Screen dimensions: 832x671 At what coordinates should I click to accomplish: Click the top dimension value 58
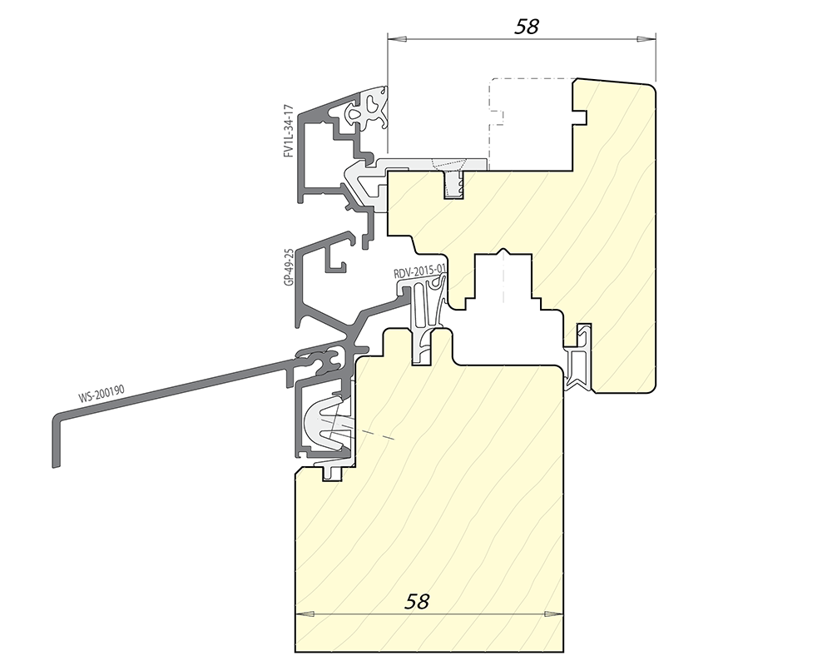click(527, 26)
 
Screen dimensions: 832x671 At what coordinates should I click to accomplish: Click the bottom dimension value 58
click(417, 601)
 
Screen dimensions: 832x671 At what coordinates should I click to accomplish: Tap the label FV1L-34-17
click(288, 131)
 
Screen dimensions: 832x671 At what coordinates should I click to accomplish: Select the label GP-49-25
click(289, 267)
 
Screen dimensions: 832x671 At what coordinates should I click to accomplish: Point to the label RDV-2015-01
click(418, 273)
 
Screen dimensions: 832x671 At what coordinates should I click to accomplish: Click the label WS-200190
click(102, 394)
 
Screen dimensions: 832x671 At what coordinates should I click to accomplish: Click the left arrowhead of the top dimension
click(396, 39)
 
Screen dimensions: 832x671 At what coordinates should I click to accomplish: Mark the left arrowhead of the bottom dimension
click(304, 614)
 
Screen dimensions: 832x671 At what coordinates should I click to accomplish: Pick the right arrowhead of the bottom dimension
click(554, 614)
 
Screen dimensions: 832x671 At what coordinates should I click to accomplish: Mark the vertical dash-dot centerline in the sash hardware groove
click(503, 276)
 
